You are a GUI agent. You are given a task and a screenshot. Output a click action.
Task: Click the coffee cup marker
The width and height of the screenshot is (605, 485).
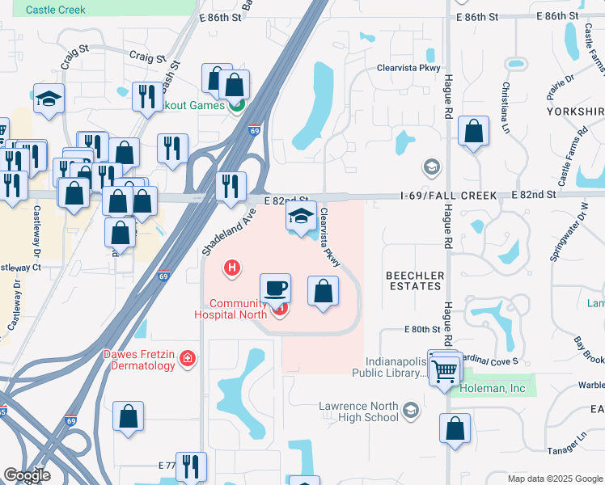coord(275,288)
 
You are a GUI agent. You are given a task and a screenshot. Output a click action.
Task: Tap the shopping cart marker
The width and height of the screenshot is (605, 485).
coord(444,372)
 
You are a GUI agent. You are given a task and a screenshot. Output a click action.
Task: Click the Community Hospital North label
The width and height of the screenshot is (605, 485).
coord(231,309)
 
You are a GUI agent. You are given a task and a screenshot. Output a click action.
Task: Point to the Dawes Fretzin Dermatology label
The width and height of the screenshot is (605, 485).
coord(138,360)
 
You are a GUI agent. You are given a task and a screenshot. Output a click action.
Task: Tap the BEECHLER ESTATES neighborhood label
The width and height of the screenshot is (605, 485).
coord(415,280)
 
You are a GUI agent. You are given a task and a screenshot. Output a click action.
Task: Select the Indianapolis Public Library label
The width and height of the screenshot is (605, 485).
coord(388,368)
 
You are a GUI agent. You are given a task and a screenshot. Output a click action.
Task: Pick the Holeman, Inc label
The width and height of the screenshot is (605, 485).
coord(493,389)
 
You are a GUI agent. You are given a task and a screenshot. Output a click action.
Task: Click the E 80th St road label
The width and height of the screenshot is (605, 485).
coord(421,330)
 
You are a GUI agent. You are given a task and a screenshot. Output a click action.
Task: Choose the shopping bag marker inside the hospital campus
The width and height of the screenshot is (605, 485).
coord(323,290)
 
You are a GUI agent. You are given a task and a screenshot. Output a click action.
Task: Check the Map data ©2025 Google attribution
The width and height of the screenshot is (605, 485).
coord(555,479)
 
